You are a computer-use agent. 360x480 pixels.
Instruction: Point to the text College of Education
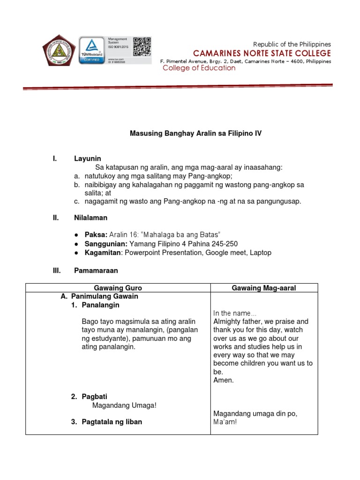[x=199, y=68]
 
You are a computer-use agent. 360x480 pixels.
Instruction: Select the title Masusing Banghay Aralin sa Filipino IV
[x=195, y=134]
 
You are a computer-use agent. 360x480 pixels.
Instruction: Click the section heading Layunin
[x=88, y=159]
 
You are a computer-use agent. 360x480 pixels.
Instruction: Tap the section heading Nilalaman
[x=90, y=217]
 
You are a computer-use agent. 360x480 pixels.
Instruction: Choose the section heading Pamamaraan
[x=96, y=270]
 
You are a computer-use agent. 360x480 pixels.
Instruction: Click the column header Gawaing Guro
[x=118, y=288]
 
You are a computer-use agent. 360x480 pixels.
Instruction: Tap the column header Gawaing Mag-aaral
[x=264, y=288]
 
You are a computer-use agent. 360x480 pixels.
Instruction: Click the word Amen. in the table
[x=223, y=380]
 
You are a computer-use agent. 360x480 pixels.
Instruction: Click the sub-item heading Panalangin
[x=100, y=305]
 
